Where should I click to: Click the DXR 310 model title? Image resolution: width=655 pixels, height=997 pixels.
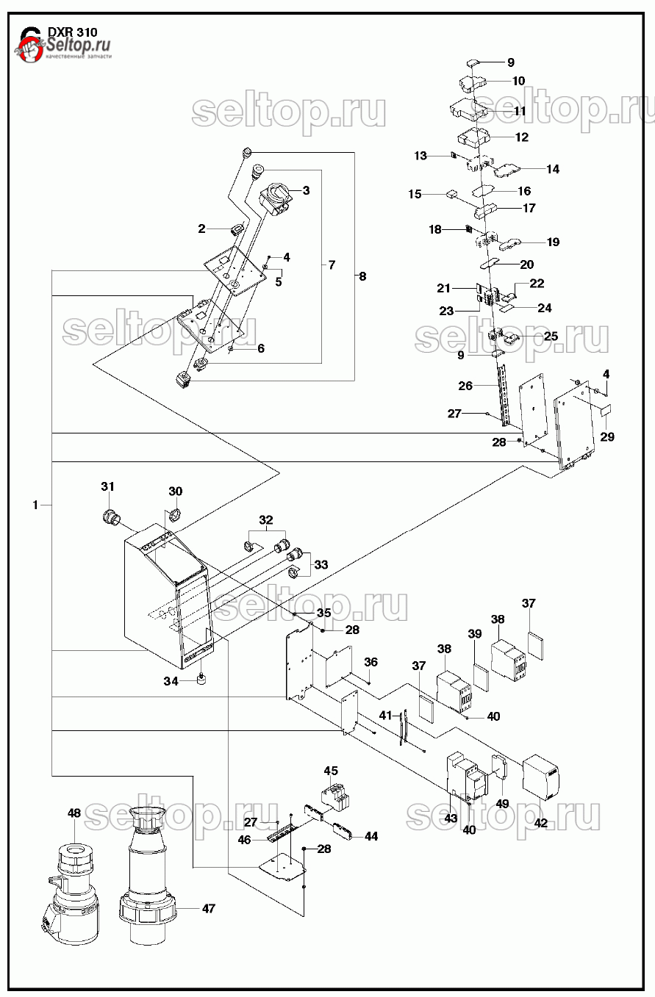(x=72, y=32)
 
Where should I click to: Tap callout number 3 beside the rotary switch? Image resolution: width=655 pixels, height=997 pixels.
(x=306, y=191)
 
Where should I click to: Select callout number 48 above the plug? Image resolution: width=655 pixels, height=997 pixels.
(x=74, y=813)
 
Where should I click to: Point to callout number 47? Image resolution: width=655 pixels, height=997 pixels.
(x=209, y=909)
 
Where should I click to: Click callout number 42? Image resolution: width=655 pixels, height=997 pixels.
(x=541, y=824)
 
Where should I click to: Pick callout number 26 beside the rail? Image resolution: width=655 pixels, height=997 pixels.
(x=465, y=386)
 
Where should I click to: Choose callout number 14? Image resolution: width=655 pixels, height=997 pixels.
(x=553, y=169)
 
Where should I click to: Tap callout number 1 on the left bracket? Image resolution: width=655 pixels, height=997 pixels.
(x=35, y=505)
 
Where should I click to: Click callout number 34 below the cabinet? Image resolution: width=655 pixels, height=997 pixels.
(x=171, y=682)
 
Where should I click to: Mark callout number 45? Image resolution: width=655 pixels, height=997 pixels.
(x=332, y=771)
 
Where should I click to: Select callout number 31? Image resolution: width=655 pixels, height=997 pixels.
(x=108, y=487)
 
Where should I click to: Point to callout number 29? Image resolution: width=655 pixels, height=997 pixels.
(x=606, y=437)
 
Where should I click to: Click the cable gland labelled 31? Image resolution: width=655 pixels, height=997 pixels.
(x=112, y=516)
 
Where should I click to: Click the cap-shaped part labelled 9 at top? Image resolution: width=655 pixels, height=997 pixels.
(x=474, y=64)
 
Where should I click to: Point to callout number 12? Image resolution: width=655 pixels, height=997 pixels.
(x=522, y=137)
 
